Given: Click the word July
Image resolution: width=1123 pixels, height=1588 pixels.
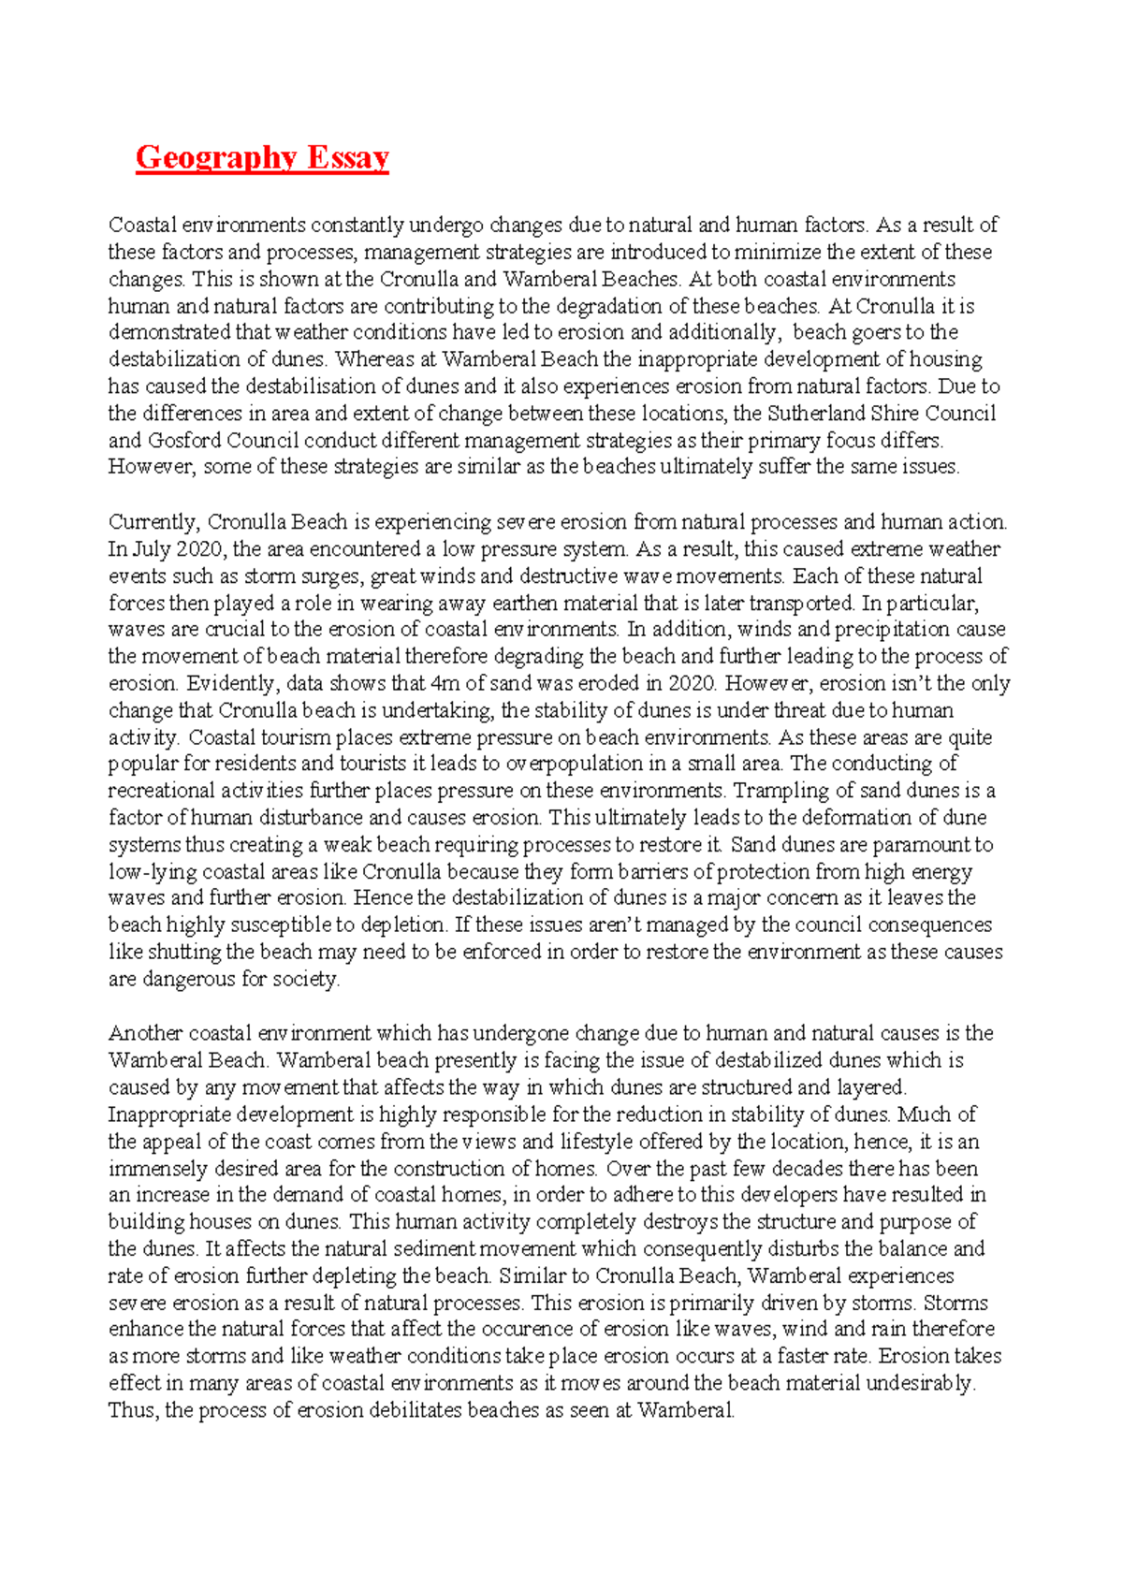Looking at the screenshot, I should [x=150, y=549].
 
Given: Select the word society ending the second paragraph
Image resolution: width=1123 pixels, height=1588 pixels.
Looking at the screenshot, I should [x=305, y=980].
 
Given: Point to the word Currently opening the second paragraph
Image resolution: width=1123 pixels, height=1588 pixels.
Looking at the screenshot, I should [x=153, y=522].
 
